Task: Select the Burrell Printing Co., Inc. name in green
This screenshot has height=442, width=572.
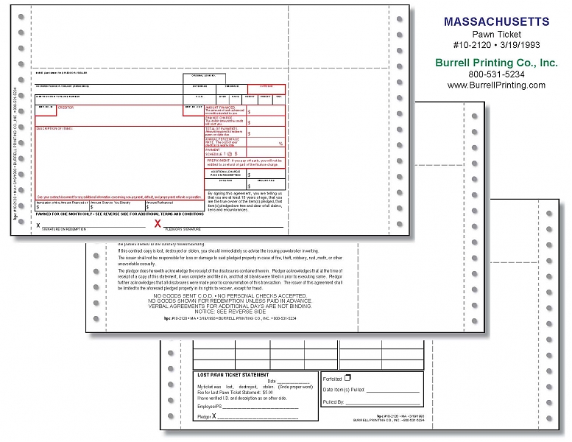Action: click(497, 63)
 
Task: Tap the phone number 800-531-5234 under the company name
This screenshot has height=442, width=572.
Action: click(497, 74)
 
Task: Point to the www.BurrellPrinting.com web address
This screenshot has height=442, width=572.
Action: click(497, 85)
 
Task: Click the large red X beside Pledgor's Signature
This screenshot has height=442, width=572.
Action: click(158, 223)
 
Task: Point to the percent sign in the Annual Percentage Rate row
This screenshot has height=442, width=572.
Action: click(280, 144)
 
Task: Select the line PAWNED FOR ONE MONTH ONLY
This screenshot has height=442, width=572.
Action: click(118, 214)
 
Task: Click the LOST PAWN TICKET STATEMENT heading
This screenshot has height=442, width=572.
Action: click(233, 375)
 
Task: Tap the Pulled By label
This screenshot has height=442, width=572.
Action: click(333, 402)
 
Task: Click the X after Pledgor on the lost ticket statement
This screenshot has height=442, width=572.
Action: click(214, 417)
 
